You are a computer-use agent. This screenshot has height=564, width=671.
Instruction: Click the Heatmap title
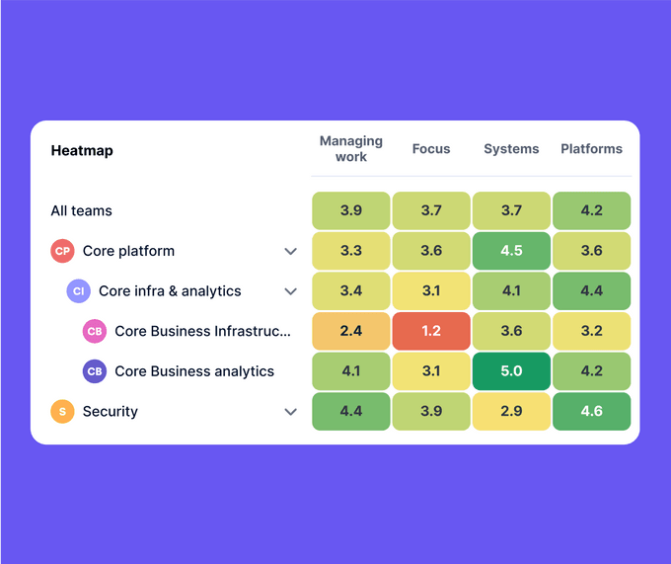(82, 151)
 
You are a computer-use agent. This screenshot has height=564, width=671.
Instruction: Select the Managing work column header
(351, 149)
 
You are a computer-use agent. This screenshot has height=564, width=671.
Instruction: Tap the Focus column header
(431, 149)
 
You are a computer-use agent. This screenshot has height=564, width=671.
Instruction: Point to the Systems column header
(511, 149)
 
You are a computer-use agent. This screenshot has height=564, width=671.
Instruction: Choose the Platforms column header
(591, 149)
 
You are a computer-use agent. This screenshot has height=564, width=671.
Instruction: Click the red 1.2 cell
(431, 331)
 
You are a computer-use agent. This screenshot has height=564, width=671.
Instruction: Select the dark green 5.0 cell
(511, 371)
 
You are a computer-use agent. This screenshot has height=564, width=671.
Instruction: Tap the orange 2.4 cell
(351, 331)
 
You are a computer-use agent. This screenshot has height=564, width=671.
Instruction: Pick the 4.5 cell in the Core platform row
(511, 251)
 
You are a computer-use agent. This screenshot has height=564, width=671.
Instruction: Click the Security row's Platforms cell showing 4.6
(591, 412)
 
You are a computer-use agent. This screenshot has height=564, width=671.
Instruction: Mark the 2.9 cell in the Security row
(511, 412)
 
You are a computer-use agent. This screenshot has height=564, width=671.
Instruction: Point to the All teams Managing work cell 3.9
(351, 210)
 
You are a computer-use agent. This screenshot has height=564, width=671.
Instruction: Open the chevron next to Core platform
(290, 251)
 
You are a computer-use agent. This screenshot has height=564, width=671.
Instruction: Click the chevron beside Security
(290, 412)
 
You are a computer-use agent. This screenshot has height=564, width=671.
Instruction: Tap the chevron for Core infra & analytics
(290, 291)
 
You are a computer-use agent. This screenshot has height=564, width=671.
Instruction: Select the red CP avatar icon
(63, 251)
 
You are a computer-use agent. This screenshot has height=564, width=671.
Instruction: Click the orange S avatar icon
(63, 412)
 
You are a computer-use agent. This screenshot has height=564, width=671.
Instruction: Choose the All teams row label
(82, 210)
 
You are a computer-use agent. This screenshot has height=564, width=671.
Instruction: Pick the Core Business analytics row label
(194, 371)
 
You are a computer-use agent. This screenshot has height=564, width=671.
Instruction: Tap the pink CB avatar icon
(95, 331)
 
